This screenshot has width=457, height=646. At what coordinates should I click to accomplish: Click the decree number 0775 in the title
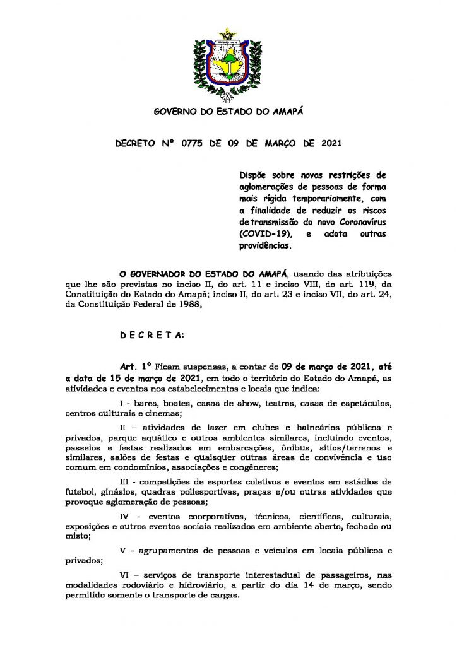pyautogui.click(x=193, y=143)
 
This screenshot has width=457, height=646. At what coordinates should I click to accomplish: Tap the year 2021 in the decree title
pyautogui.click(x=327, y=143)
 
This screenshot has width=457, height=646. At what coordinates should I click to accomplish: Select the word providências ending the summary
pyautogui.click(x=258, y=245)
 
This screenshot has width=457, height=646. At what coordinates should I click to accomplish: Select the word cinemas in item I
pyautogui.click(x=163, y=414)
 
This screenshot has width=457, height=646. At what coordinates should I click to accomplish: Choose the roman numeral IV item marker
pyautogui.click(x=124, y=515)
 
